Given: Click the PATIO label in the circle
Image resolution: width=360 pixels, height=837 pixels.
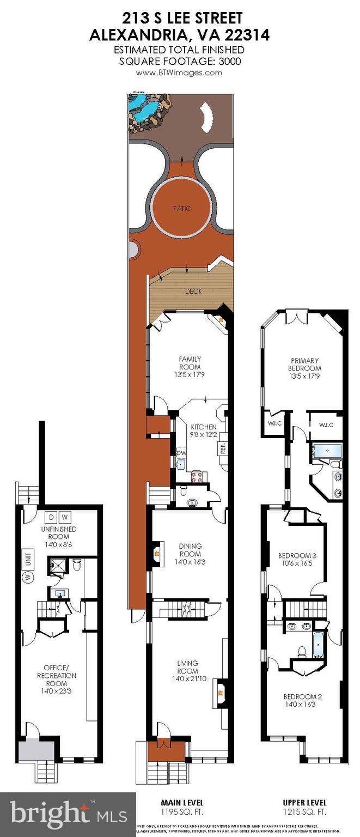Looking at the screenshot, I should pyautogui.click(x=183, y=209).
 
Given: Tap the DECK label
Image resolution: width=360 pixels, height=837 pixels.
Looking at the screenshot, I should pyautogui.click(x=193, y=292).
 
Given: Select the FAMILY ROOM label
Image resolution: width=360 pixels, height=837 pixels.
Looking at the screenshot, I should pyautogui.click(x=190, y=362).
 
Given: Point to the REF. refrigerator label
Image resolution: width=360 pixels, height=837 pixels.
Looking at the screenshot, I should pyautogui.click(x=222, y=448).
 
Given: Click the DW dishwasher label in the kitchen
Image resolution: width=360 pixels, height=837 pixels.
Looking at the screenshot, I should pyautogui.click(x=181, y=453).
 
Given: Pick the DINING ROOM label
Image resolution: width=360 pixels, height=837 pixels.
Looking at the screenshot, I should pyautogui.click(x=190, y=550).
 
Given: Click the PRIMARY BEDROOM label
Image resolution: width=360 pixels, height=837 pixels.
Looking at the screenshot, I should pyautogui.click(x=305, y=363).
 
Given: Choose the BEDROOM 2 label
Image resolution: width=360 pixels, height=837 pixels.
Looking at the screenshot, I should pyautogui.click(x=300, y=700).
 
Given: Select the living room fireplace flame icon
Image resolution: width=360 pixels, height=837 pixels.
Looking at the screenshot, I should pyautogui.click(x=221, y=693).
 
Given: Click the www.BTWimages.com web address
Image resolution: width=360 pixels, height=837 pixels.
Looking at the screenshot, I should pyautogui.click(x=179, y=72).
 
